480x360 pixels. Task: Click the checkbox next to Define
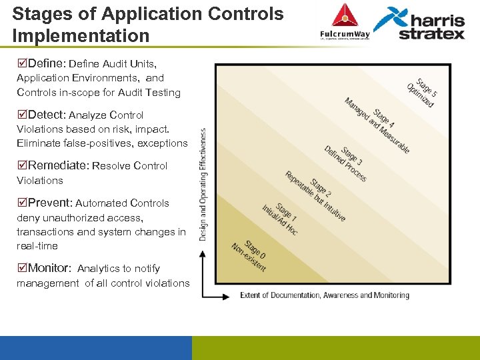pyautogui.click(x=22, y=63)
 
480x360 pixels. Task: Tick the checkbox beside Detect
pyautogui.click(x=22, y=114)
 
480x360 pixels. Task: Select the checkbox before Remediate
pyautogui.click(x=22, y=165)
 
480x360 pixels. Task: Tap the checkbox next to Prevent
pyautogui.click(x=22, y=202)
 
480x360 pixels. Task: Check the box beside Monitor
pyautogui.click(x=22, y=267)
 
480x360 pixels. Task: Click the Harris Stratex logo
pyautogui.click(x=420, y=23)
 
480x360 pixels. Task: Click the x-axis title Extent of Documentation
pyautogui.click(x=325, y=295)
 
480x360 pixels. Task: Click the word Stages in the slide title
pyautogui.click(x=40, y=13)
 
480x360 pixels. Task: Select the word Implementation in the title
pyautogui.click(x=81, y=34)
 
